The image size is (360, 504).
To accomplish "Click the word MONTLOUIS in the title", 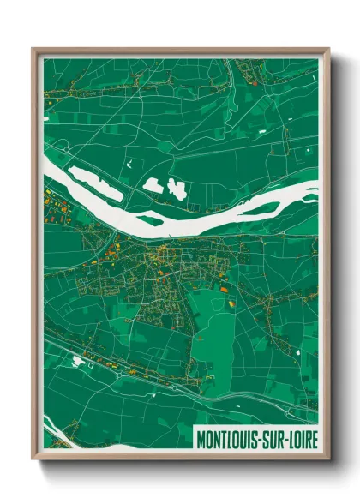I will pyautogui.click(x=227, y=440).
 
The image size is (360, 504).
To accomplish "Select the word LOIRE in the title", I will pyautogui.click(x=301, y=440).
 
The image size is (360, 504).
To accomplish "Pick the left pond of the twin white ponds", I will pyautogui.click(x=153, y=183).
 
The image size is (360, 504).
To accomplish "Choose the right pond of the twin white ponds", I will pyautogui.click(x=179, y=189).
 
